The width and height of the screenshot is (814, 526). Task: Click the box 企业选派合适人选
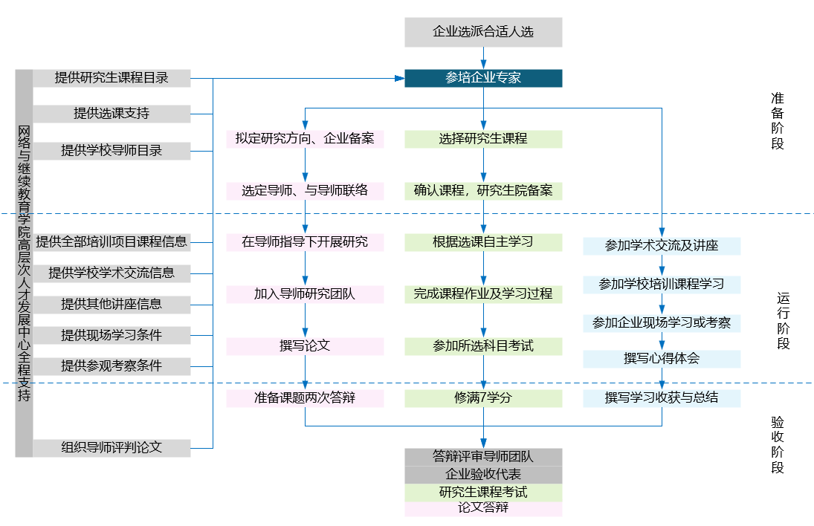point(483,32)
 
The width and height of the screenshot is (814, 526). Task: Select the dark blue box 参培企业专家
point(483,78)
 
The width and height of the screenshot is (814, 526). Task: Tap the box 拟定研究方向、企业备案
point(305,139)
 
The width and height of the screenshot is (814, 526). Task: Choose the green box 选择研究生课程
point(483,139)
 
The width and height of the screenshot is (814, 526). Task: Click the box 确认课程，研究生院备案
point(483,190)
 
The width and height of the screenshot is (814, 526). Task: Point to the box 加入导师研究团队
point(305,294)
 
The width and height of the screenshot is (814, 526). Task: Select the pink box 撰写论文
point(305,346)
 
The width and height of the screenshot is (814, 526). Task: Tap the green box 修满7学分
point(483,398)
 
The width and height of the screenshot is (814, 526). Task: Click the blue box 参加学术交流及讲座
point(662,246)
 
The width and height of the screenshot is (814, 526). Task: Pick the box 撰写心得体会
point(662,359)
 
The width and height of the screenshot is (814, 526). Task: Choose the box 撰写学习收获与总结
point(662,398)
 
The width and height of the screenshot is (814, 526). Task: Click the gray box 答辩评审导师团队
point(483,457)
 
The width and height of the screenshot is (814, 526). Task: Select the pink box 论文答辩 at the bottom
point(483,509)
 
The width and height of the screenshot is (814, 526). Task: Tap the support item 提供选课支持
point(112,114)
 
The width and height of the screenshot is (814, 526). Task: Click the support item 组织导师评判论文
point(112,448)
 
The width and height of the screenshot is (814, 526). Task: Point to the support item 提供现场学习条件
point(112,335)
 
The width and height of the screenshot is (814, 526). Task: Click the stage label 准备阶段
point(778,121)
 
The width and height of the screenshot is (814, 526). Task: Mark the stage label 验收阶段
point(778,445)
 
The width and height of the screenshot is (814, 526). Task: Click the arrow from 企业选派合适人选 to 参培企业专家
point(483,58)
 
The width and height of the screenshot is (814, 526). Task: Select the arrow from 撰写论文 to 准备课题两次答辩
point(305,372)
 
